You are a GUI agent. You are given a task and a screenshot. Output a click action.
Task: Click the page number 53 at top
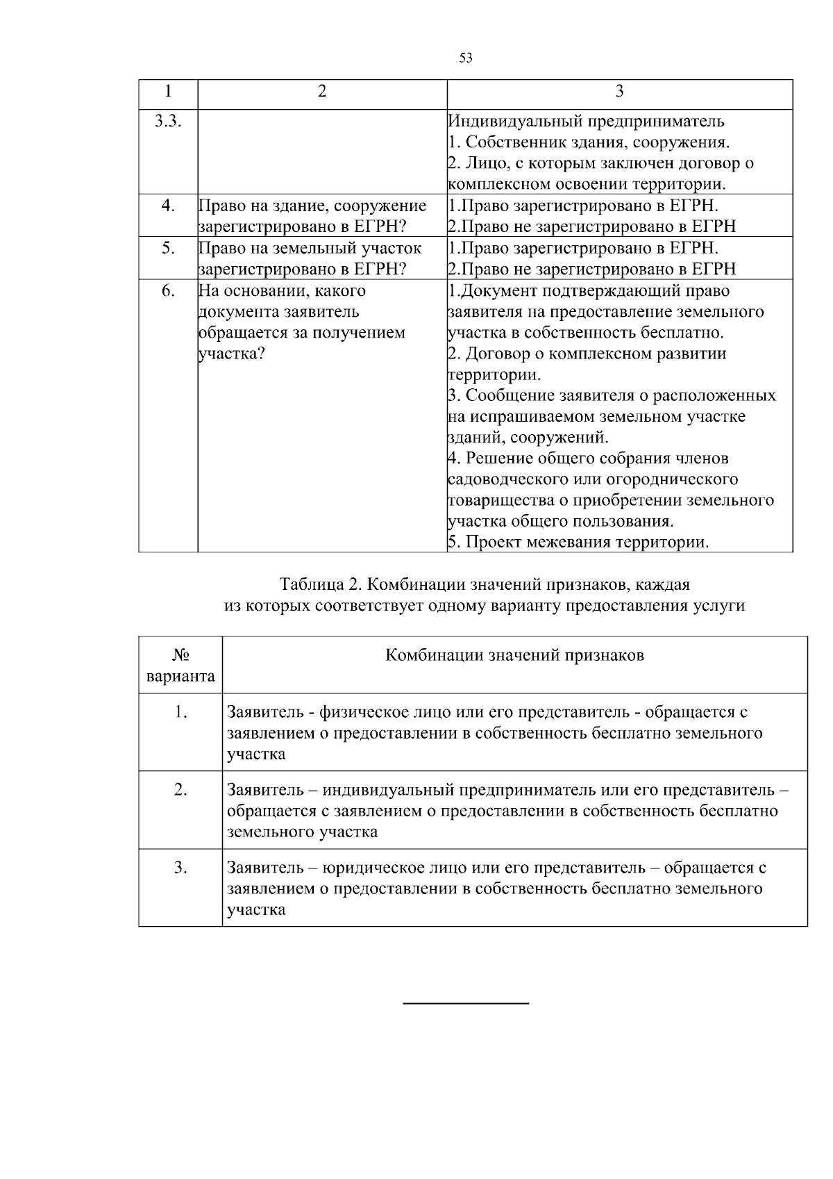466,58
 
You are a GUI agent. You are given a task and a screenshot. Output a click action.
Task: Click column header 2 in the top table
322,92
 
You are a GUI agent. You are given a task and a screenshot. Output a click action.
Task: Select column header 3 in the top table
619,92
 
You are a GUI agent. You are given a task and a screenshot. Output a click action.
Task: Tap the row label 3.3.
168,121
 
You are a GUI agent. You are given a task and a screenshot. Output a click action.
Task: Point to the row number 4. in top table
168,206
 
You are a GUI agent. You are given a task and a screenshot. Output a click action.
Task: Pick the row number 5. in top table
168,248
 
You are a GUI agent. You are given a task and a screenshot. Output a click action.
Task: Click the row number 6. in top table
168,290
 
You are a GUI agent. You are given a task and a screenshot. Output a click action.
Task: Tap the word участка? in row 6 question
232,354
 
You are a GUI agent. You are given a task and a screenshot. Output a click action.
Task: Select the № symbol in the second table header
180,655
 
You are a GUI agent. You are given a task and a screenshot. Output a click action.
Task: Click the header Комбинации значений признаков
514,655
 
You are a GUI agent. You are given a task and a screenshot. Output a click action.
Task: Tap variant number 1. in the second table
180,712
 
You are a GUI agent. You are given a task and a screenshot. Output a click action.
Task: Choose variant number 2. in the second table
180,790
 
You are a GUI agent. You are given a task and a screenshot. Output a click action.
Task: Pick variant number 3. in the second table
180,868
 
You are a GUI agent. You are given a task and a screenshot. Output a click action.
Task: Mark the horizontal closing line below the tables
466,1003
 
